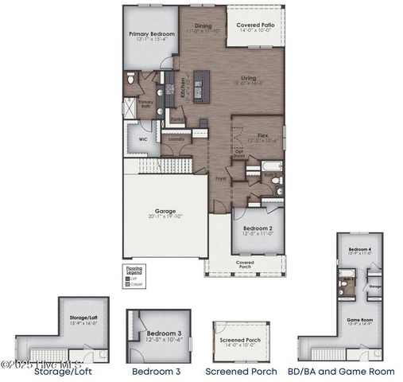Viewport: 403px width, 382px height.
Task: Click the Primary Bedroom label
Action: click(x=152, y=34)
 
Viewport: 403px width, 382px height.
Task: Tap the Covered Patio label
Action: click(x=255, y=25)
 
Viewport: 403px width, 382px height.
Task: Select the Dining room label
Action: click(x=203, y=25)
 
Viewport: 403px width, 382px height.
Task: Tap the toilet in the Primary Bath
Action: click(x=132, y=80)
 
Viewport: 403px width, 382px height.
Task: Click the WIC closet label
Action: click(x=143, y=138)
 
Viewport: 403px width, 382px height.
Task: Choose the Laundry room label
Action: click(x=176, y=138)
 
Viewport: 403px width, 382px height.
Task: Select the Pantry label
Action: click(x=177, y=119)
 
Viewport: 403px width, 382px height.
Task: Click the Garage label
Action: click(x=165, y=212)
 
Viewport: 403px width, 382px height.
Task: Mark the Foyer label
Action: click(x=221, y=179)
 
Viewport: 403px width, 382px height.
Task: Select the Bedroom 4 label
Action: click(x=359, y=250)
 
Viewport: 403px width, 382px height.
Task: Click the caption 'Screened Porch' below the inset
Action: click(x=241, y=371)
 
